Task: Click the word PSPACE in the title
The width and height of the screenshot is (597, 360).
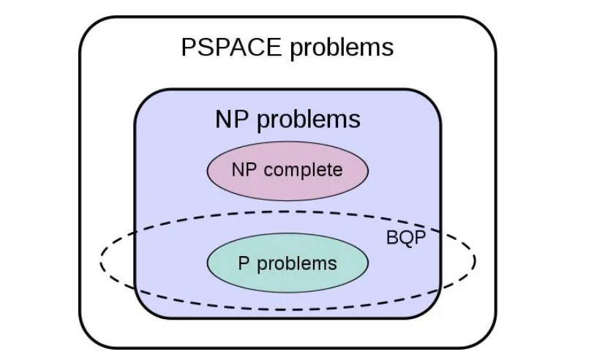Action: click(x=231, y=48)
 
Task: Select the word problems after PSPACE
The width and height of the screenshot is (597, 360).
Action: click(x=342, y=48)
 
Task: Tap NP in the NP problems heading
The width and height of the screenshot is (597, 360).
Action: click(x=230, y=119)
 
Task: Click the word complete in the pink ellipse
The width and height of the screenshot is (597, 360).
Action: click(x=303, y=170)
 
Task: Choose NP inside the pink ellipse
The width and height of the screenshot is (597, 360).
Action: click(x=244, y=170)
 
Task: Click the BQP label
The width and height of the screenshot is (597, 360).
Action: click(x=405, y=239)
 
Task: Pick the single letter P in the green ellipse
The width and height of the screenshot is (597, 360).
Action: click(x=244, y=263)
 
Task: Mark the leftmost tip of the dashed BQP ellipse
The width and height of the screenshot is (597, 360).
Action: click(x=101, y=259)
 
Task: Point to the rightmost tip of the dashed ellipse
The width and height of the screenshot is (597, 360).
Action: click(x=476, y=259)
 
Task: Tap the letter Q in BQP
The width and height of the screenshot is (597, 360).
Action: click(x=405, y=239)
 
